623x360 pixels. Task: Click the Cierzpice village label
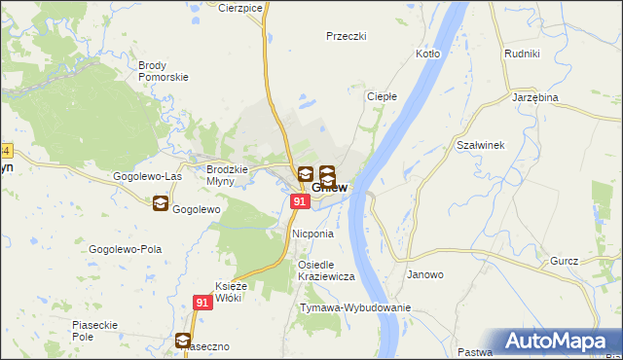tap(241, 7)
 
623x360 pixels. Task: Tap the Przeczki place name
tap(346, 36)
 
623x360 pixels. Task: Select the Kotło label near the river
tap(427, 54)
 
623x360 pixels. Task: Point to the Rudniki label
tap(522, 54)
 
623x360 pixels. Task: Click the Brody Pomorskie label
tap(163, 71)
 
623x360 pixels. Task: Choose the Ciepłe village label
tap(381, 96)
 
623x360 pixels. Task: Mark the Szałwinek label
tap(479, 145)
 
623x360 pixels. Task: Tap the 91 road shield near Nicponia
tap(300, 201)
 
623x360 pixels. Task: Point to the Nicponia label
tap(312, 234)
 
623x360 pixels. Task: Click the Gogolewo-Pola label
tap(125, 249)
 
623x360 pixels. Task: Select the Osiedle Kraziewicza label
tap(326, 270)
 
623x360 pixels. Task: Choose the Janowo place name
tap(424, 274)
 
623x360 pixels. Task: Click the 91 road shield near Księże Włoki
tap(202, 303)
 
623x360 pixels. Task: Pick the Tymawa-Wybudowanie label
tap(355, 307)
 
